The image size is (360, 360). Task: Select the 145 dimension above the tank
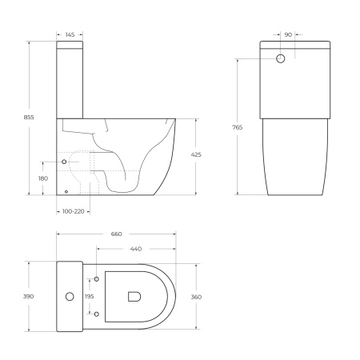70,34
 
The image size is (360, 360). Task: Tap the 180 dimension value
43,178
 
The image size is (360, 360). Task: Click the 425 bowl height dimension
207,154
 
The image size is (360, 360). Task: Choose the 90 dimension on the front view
287,34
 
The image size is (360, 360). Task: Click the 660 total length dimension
116,234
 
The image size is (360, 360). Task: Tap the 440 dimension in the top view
136,249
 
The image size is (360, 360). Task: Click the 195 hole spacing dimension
89,297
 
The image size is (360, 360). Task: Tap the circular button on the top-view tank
69,297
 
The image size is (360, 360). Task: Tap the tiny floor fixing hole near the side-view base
66,191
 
